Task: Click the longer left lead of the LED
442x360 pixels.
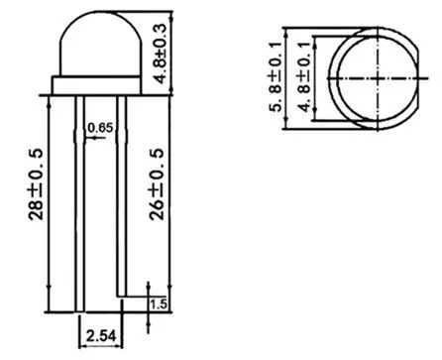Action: (x=79, y=198)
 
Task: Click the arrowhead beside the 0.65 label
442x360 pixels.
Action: (x=86, y=138)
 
